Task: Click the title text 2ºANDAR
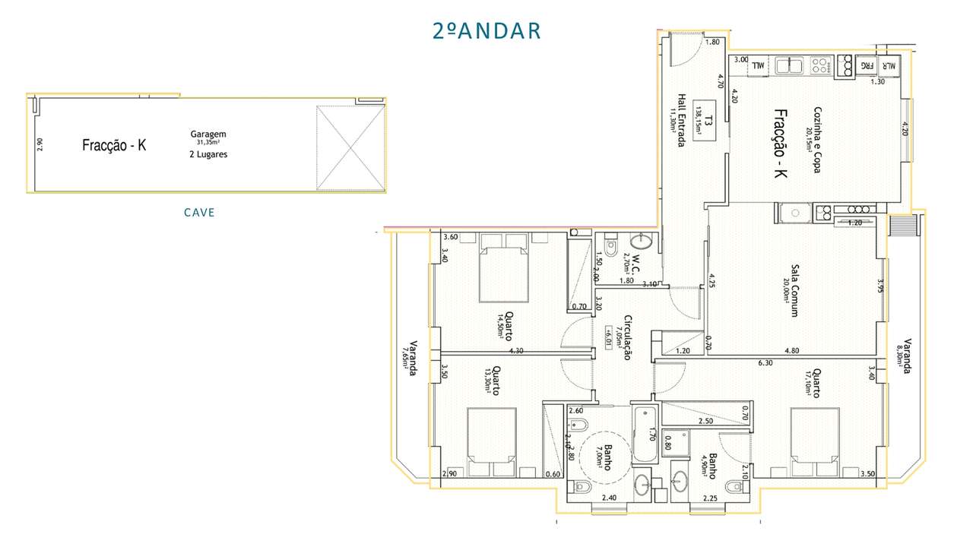pyautogui.click(x=486, y=30)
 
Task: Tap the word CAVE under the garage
pyautogui.click(x=199, y=213)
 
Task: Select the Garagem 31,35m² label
pyautogui.click(x=208, y=138)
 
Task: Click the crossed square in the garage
pyautogui.click(x=350, y=147)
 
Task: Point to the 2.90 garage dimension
pyautogui.click(x=40, y=144)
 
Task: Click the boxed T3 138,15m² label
pyautogui.click(x=708, y=118)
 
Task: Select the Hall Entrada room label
pyautogui.click(x=677, y=121)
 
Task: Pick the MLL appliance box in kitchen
pyautogui.click(x=758, y=67)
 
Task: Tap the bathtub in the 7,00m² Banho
pyautogui.click(x=643, y=434)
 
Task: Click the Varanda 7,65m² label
pyautogui.click(x=409, y=357)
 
